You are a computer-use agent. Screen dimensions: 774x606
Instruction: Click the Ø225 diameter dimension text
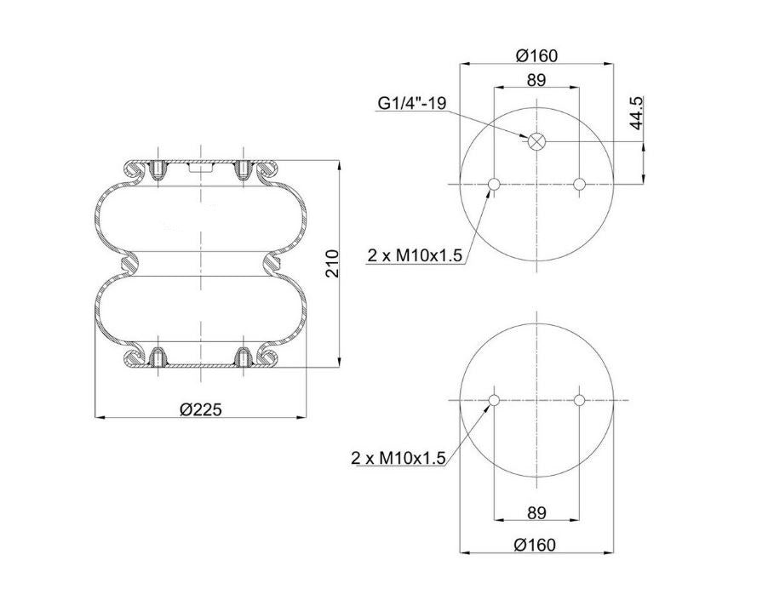point(201,409)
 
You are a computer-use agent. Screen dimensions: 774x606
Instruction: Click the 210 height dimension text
point(334,264)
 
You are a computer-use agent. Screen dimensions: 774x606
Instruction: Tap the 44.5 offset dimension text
point(637,113)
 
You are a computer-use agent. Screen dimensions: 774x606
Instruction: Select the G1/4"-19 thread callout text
point(412,103)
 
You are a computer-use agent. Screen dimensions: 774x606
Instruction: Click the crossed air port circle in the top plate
point(536,141)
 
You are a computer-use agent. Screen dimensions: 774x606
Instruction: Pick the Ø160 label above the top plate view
point(536,55)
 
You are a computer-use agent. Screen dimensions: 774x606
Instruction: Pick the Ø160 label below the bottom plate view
point(535,545)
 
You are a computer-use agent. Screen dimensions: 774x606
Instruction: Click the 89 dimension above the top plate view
point(536,79)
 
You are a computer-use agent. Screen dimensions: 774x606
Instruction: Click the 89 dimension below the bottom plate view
point(536,512)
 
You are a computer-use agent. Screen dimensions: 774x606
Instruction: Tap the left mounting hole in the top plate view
point(494,184)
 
